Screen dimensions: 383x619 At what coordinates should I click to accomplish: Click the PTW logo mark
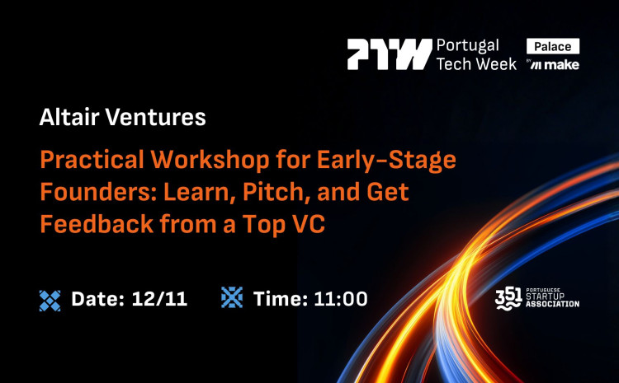coord(389,54)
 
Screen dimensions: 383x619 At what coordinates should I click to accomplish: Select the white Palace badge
coord(553,46)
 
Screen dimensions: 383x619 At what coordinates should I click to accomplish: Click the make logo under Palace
coord(560,65)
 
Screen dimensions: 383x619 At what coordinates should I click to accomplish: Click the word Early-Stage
coord(388,159)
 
